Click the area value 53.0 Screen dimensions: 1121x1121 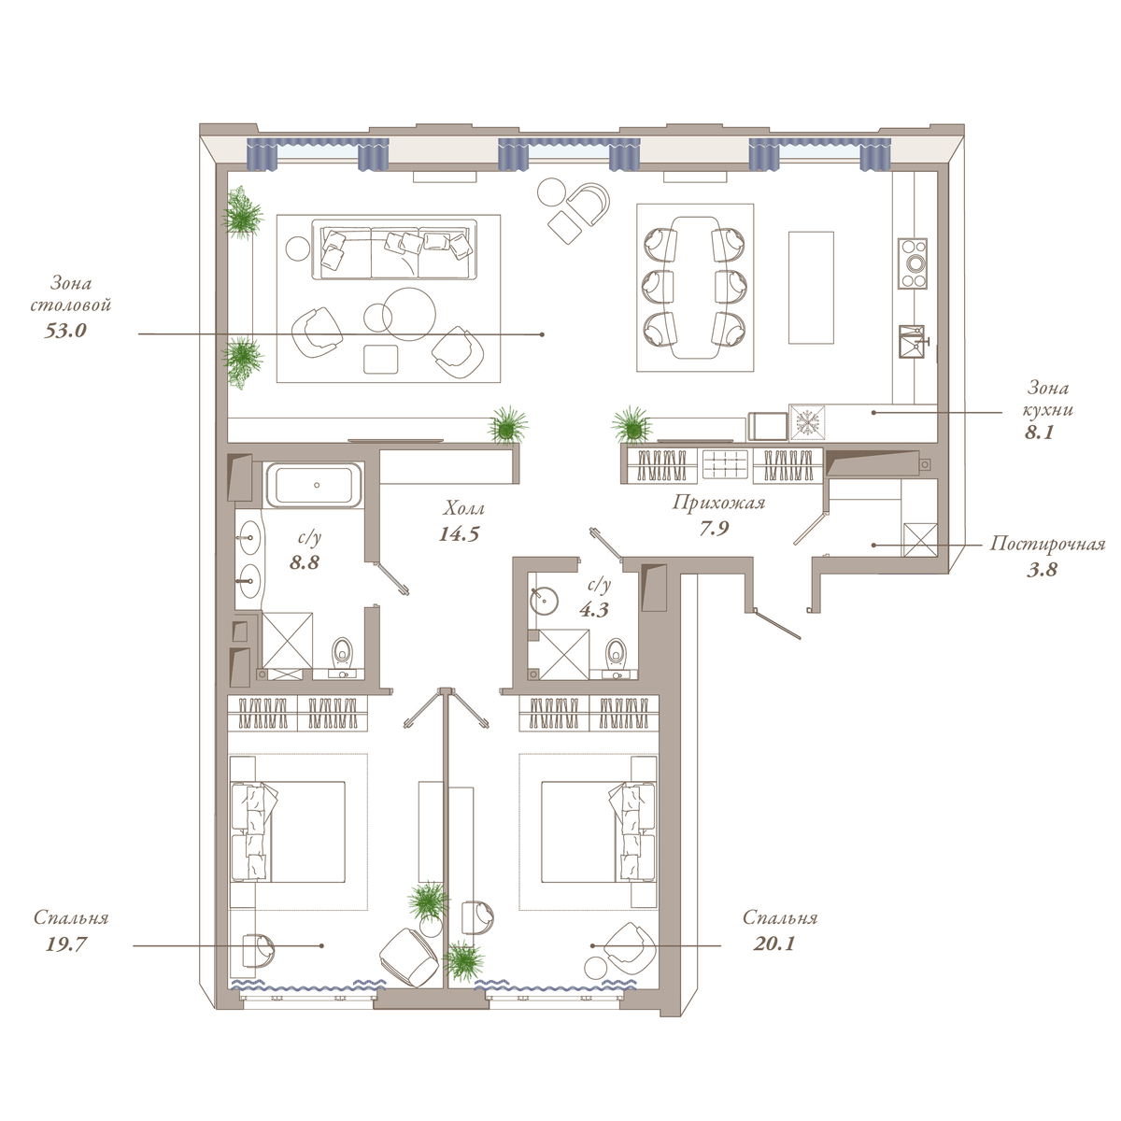click(x=65, y=331)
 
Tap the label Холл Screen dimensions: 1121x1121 click(x=463, y=509)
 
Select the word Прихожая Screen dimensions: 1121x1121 click(x=718, y=503)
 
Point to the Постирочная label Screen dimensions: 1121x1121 click(x=1048, y=544)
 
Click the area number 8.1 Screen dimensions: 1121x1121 click(x=1039, y=433)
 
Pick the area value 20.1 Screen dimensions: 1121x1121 click(x=773, y=943)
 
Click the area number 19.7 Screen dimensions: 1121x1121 click(x=65, y=944)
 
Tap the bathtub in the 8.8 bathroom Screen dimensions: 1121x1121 click(x=316, y=484)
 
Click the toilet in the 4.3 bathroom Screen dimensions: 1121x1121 click(x=615, y=656)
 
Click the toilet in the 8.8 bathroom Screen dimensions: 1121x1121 click(x=342, y=655)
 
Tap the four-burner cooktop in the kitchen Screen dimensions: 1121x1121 click(x=912, y=263)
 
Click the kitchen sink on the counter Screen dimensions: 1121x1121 click(x=912, y=342)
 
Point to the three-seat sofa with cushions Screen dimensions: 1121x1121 click(x=394, y=249)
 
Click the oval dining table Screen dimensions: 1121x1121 click(x=695, y=288)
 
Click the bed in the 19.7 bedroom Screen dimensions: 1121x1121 click(x=288, y=831)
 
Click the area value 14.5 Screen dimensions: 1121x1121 click(x=459, y=534)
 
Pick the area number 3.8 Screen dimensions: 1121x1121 click(x=1042, y=570)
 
